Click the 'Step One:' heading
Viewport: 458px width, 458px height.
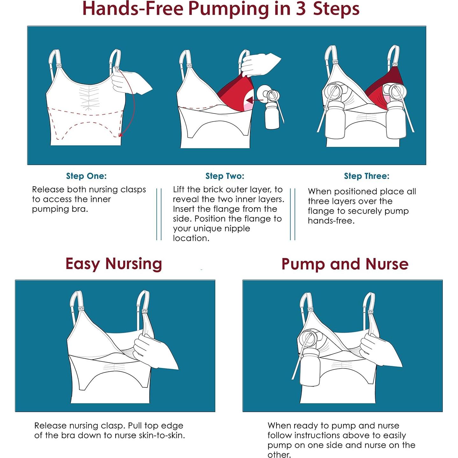pyautogui.click(x=86, y=176)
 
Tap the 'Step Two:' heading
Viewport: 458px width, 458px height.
pyautogui.click(x=225, y=176)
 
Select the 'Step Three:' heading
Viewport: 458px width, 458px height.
pyautogui.click(x=367, y=176)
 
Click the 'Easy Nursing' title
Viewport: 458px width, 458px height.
pyautogui.click(x=114, y=264)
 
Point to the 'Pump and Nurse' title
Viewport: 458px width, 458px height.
pyautogui.click(x=345, y=264)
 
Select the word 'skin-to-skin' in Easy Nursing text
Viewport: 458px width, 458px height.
pyautogui.click(x=161, y=435)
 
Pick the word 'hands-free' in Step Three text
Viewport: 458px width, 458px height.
pyautogui.click(x=331, y=221)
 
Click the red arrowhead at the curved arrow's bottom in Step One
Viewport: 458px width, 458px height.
pyautogui.click(x=121, y=135)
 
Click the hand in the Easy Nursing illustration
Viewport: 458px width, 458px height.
pyautogui.click(x=154, y=351)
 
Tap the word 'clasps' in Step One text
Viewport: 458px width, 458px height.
pyautogui.click(x=133, y=190)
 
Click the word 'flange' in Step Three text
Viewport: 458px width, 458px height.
pyautogui.click(x=321, y=211)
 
